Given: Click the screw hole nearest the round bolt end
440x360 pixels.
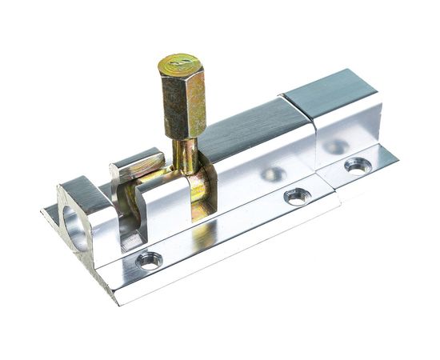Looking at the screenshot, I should click(149, 259).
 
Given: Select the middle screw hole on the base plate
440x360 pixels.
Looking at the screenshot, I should click(297, 195).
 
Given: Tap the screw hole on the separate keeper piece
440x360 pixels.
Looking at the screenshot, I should click(358, 166).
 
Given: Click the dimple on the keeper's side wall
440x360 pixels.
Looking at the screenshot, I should click(336, 146).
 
